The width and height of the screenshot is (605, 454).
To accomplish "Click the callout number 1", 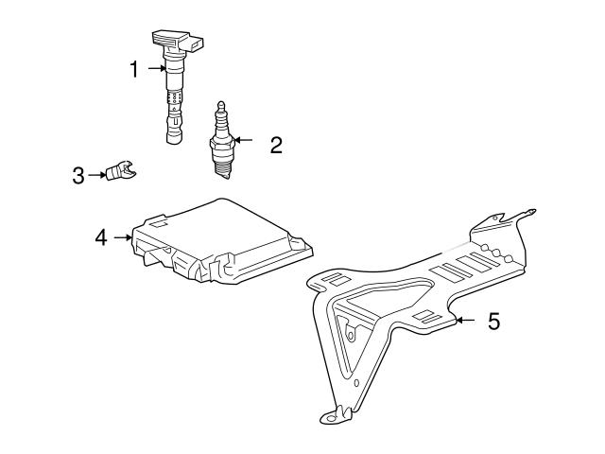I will [134, 68].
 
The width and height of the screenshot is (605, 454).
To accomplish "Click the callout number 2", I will [275, 145].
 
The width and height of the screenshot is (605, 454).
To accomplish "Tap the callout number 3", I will [78, 175].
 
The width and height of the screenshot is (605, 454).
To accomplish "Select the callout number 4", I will [101, 237].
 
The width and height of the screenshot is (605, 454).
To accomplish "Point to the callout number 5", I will [493, 322].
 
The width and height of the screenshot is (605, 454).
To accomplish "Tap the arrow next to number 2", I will [244, 141].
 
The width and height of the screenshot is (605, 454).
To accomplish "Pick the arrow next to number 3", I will [97, 175].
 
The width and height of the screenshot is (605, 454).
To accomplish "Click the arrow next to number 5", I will [465, 322].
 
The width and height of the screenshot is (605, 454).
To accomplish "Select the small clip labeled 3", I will [121, 171].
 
